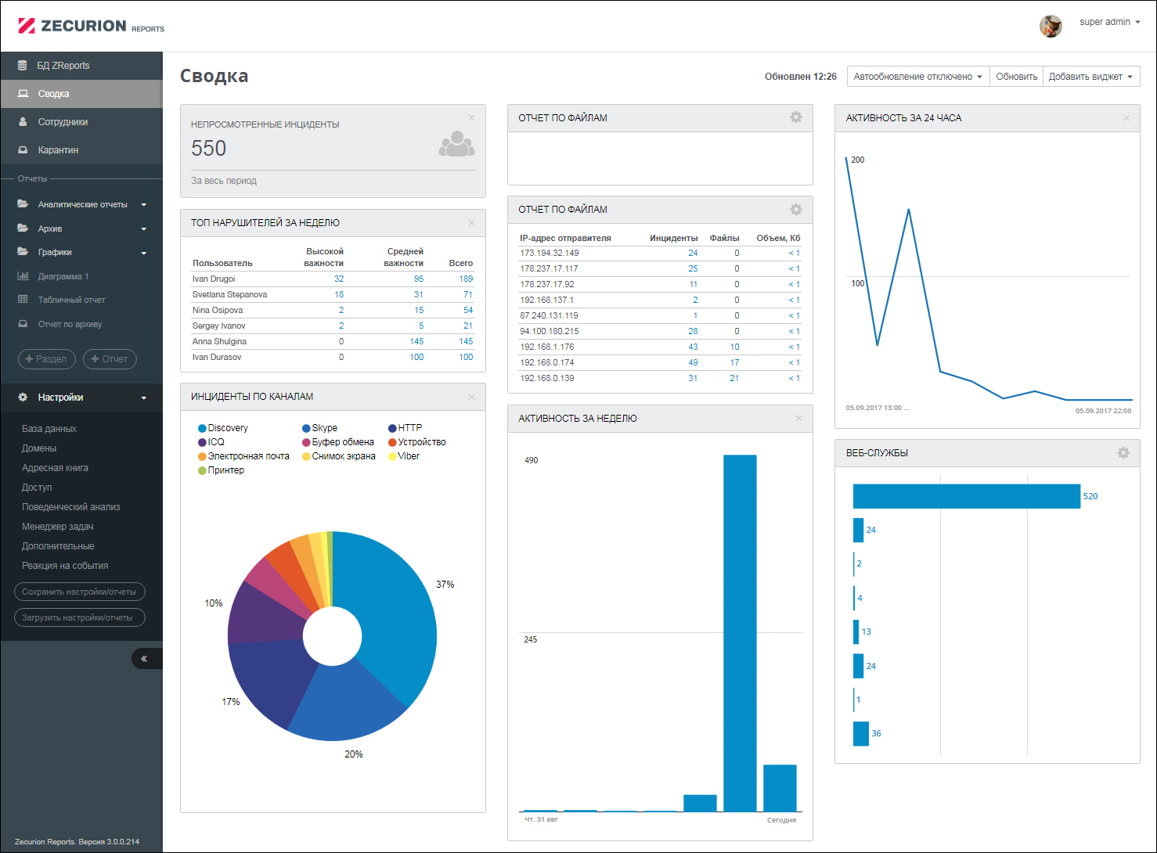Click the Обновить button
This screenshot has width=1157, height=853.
tap(1016, 77)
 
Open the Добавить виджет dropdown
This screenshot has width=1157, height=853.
tap(1090, 77)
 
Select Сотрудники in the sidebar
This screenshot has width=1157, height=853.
tap(63, 122)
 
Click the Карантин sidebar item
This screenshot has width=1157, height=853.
tap(58, 150)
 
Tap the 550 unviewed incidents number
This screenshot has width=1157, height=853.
tap(209, 149)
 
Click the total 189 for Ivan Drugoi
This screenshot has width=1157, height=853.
tap(466, 279)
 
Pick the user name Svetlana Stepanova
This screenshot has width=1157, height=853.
tap(229, 295)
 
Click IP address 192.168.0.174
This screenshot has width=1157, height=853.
tap(547, 363)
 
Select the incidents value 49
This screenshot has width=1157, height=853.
tap(693, 363)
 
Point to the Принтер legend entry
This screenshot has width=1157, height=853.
tap(225, 470)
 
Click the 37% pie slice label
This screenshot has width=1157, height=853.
tap(445, 585)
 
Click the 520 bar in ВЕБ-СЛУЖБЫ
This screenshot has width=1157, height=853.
tap(966, 496)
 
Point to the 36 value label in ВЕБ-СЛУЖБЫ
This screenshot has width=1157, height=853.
tap(876, 734)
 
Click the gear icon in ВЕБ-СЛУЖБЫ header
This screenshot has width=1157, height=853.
tap(1123, 453)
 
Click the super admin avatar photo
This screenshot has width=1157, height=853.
tap(1051, 26)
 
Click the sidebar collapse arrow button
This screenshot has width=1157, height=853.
tap(145, 659)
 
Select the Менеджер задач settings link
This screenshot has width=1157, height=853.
tap(57, 527)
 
